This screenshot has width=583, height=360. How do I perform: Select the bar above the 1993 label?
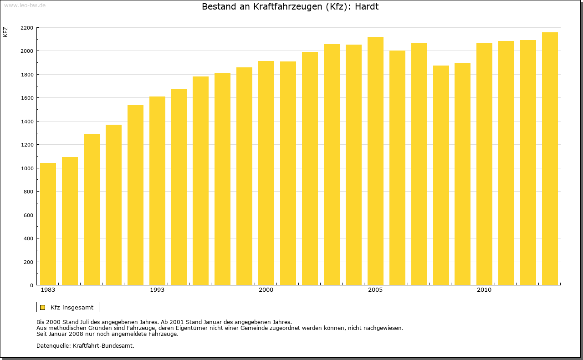[x=157, y=191]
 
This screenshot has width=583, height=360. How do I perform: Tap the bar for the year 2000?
[x=266, y=173]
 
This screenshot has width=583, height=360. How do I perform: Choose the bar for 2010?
[x=484, y=164]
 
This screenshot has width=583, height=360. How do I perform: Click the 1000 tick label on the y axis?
[x=27, y=168]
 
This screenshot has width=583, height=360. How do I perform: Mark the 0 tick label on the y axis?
[x=31, y=285]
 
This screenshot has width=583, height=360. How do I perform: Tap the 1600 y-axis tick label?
[x=27, y=98]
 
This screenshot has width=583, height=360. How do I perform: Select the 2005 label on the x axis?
[x=375, y=290]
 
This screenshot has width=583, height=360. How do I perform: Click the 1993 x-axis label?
[x=157, y=290]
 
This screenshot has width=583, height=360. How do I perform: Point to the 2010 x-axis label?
[x=484, y=290]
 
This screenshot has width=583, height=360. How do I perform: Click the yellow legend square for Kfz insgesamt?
[x=43, y=307]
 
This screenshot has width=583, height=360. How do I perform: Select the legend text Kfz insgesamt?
[x=72, y=307]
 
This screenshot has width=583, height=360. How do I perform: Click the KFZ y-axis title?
[x=5, y=32]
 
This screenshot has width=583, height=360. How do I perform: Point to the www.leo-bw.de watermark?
[x=25, y=5]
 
